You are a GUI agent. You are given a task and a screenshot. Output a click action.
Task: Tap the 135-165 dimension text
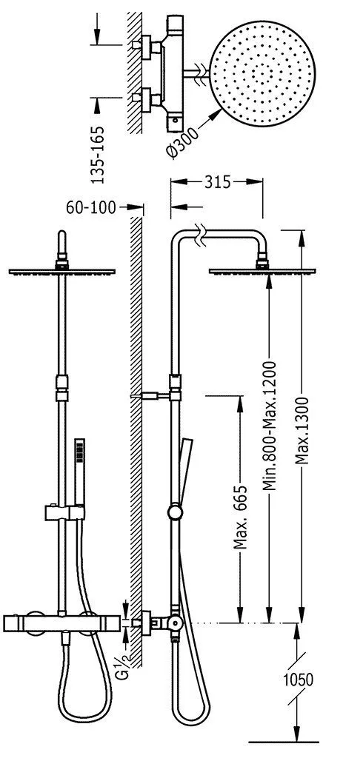tap(99, 155)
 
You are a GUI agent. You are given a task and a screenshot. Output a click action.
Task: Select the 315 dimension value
tap(217, 182)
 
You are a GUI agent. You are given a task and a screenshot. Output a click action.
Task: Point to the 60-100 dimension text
tap(91, 208)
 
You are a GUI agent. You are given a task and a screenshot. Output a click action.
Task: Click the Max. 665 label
tap(240, 516)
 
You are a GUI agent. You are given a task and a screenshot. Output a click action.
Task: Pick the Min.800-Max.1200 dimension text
tap(270, 425)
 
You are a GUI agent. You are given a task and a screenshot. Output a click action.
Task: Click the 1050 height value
tap(299, 680)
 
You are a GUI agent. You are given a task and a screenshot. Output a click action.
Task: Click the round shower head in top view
tap(262, 74)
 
